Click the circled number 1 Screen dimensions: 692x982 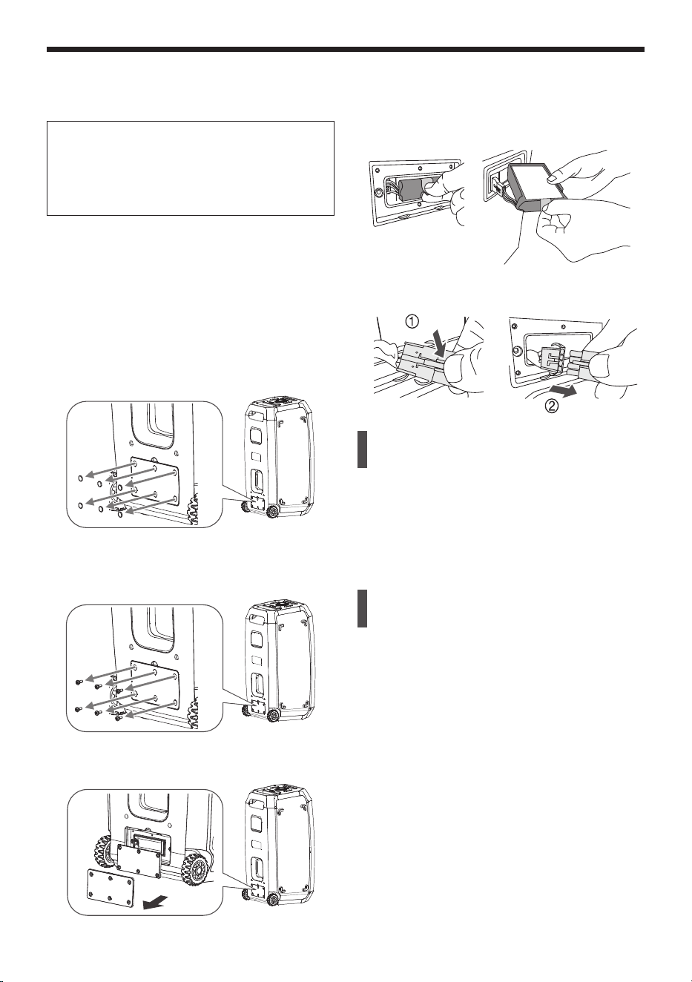tap(412, 322)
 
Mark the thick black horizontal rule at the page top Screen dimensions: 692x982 tap(346, 49)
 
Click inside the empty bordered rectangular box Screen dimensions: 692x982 tap(191, 168)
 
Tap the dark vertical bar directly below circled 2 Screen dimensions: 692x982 tap(362, 449)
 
